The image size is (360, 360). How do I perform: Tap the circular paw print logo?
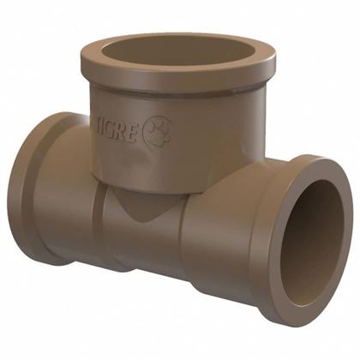pos(159,131)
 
